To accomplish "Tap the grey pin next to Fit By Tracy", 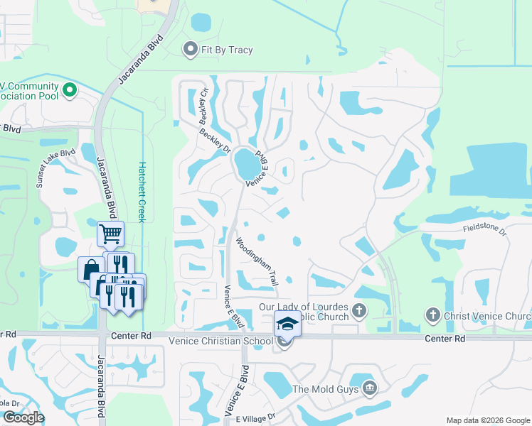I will (x=190, y=49).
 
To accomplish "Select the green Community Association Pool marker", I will (x=70, y=90).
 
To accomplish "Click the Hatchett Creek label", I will (x=142, y=191).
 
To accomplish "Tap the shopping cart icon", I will (x=110, y=233).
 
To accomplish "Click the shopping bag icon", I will (x=90, y=269).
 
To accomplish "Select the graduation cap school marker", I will (x=287, y=324).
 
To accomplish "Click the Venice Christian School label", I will (x=220, y=341).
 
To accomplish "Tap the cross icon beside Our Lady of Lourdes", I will (x=360, y=310).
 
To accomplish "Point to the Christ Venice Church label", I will (x=487, y=316).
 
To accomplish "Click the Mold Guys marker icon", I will (x=368, y=388).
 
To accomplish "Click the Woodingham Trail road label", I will (x=257, y=262).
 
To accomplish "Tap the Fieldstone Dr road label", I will (x=483, y=229).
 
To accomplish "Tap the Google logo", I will (x=23, y=417).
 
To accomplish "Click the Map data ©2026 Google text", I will (x=488, y=420).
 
